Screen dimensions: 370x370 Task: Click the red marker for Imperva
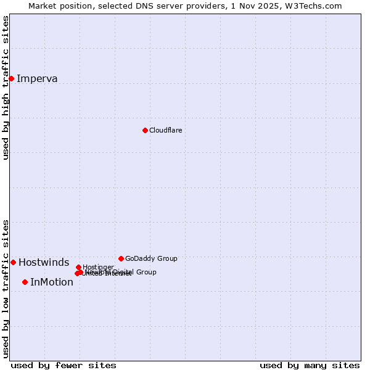point(11,78)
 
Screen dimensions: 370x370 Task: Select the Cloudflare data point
point(145,130)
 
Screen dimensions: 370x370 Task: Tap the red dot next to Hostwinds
point(13,262)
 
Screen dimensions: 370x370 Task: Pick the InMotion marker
point(25,282)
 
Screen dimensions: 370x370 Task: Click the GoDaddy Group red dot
point(121,258)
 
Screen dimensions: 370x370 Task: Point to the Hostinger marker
point(78,267)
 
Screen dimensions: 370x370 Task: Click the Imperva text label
point(37,78)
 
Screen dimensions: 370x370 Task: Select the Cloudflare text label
point(165,130)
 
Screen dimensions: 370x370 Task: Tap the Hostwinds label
point(44,262)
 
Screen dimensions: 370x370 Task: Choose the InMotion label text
point(52,282)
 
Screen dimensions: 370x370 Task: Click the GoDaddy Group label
point(151,258)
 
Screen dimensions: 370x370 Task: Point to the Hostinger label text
point(98,267)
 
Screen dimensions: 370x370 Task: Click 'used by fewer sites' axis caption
point(64,365)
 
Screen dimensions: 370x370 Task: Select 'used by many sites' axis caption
point(310,365)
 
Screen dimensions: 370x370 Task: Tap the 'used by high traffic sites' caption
point(6,88)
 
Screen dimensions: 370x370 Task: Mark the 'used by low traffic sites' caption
point(6,289)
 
